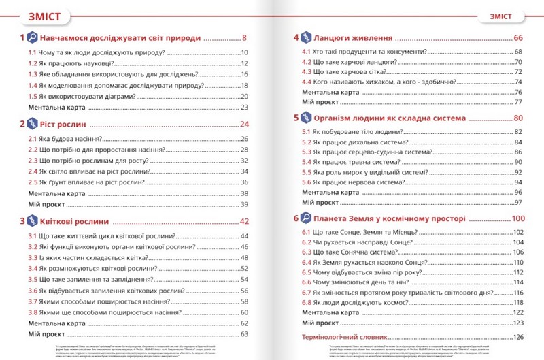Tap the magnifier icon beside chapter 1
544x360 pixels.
[32, 38]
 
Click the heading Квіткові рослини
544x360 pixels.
[74, 221]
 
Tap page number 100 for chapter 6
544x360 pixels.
[519, 219]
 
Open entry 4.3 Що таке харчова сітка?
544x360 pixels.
[345, 71]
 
